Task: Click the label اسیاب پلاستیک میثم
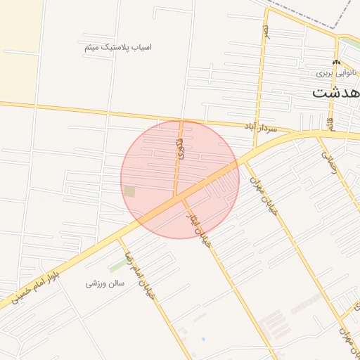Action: [117, 47]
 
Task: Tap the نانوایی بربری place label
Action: [336, 72]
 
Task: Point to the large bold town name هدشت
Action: [336, 92]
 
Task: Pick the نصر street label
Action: [266, 31]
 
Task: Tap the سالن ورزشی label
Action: [105, 283]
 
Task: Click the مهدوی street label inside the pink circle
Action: [180, 148]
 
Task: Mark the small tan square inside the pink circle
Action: [129, 191]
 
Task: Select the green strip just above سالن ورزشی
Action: [117, 266]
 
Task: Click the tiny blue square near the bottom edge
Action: [203, 340]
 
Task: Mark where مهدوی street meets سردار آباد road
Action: [181, 120]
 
